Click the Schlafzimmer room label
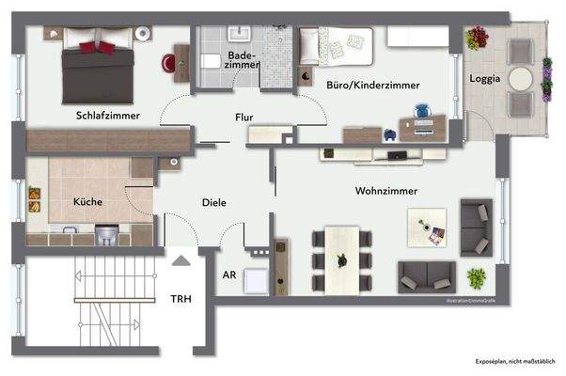tap(108, 116)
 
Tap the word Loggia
tap(485, 79)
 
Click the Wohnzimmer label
tap(385, 191)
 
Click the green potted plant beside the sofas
tap(477, 277)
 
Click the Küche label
tap(87, 201)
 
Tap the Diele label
tap(215, 202)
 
